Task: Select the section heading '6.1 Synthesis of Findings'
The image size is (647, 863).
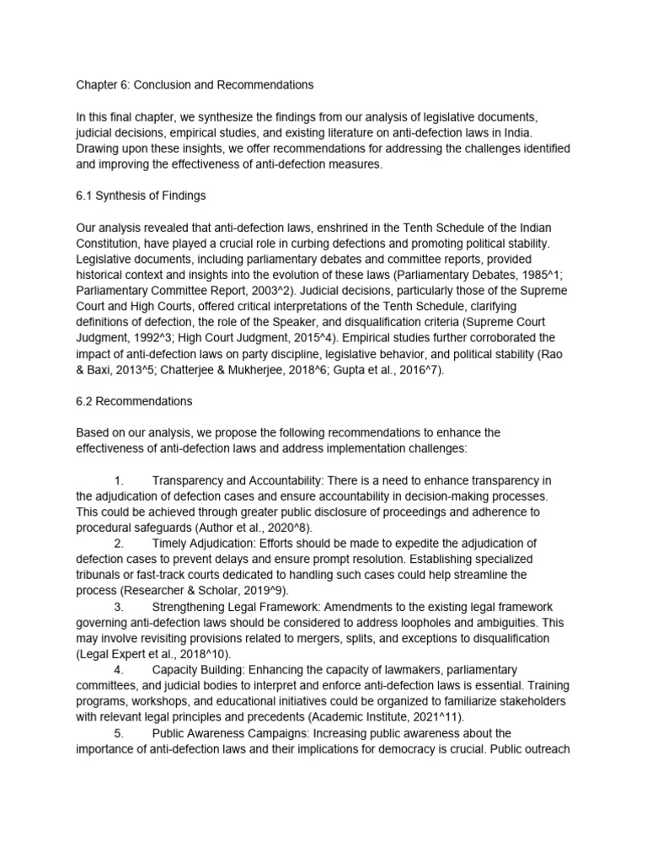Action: pyautogui.click(x=141, y=196)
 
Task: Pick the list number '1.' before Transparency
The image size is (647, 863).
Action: pyautogui.click(x=119, y=480)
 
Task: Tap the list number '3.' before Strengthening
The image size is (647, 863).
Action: pyautogui.click(x=119, y=607)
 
